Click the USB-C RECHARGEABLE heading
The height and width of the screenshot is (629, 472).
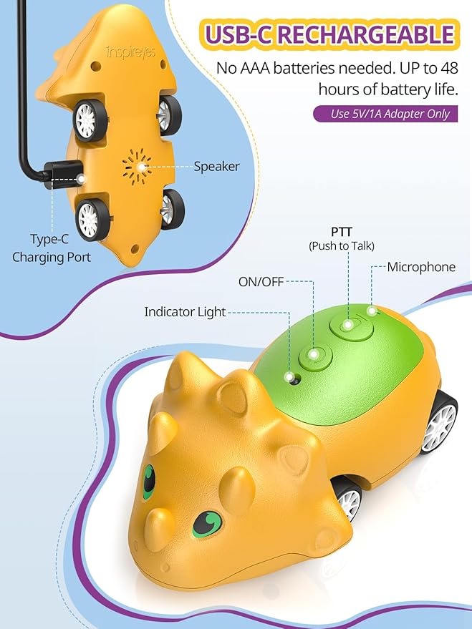pyautogui.click(x=329, y=34)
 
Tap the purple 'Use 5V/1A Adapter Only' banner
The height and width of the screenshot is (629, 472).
pyautogui.click(x=386, y=114)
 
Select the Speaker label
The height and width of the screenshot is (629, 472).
pyautogui.click(x=216, y=167)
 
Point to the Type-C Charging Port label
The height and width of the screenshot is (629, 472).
pyautogui.click(x=52, y=248)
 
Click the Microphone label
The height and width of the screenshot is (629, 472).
pyautogui.click(x=421, y=267)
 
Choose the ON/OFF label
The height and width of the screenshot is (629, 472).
pyautogui.click(x=261, y=282)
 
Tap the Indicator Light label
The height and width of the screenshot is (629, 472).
pyautogui.click(x=185, y=312)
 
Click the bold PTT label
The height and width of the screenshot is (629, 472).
pyautogui.click(x=342, y=232)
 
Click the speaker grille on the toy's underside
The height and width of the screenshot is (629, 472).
pyautogui.click(x=138, y=167)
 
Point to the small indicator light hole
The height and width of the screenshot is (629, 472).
pyautogui.click(x=294, y=379)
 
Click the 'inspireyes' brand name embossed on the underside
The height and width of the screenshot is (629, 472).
pyautogui.click(x=130, y=52)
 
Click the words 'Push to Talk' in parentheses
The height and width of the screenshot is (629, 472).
pyautogui.click(x=342, y=246)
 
